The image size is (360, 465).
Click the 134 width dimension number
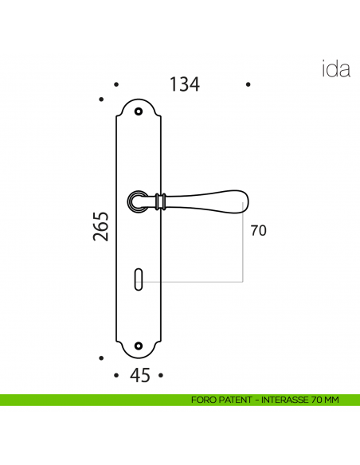click(x=184, y=84)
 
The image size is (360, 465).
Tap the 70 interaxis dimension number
click(x=258, y=231)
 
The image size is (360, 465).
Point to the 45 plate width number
click(x=139, y=375)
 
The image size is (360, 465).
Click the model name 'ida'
click(x=335, y=69)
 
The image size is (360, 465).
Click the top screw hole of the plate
click(x=140, y=111)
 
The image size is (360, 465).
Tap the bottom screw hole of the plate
click(x=140, y=346)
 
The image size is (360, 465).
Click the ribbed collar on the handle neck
click(x=162, y=201)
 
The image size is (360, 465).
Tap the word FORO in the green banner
click(x=202, y=400)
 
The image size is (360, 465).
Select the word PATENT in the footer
click(x=233, y=400)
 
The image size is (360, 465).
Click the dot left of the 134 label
click(x=116, y=84)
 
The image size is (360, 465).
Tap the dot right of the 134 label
click(x=248, y=84)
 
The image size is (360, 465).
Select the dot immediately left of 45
click(x=117, y=374)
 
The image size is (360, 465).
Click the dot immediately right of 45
click(x=161, y=374)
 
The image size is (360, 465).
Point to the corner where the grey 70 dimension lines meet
click(x=243, y=281)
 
